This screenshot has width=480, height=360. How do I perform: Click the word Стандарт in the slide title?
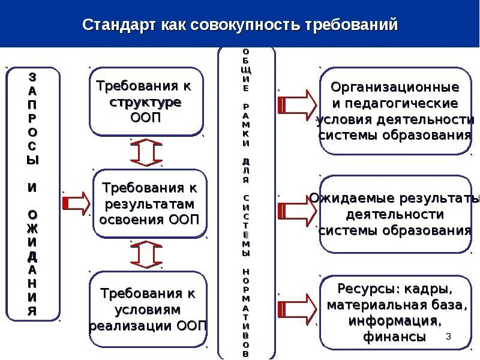[118, 25]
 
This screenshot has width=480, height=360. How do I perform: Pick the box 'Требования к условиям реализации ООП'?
[148, 310]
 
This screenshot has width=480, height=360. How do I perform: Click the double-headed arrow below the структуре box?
[146, 152]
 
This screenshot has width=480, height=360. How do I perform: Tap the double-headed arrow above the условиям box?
[146, 255]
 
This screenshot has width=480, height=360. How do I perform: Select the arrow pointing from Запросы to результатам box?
[76, 203]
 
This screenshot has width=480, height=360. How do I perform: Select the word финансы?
[394, 337]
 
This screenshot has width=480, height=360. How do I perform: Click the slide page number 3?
[448, 337]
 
